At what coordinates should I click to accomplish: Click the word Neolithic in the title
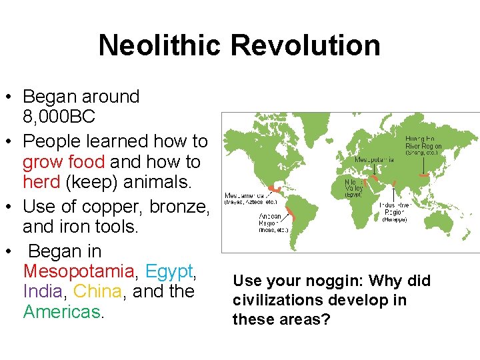[161, 46]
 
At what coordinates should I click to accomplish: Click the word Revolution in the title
[306, 46]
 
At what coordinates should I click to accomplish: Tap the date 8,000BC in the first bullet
[59, 117]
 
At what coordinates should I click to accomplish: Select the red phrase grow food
[64, 162]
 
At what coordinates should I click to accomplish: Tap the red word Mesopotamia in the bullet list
[78, 272]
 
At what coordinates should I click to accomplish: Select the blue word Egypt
[169, 272]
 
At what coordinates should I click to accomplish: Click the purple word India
[43, 291]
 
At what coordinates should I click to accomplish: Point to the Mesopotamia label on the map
[374, 160]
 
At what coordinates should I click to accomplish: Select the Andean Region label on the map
[273, 223]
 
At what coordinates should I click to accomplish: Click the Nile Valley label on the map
[353, 187]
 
